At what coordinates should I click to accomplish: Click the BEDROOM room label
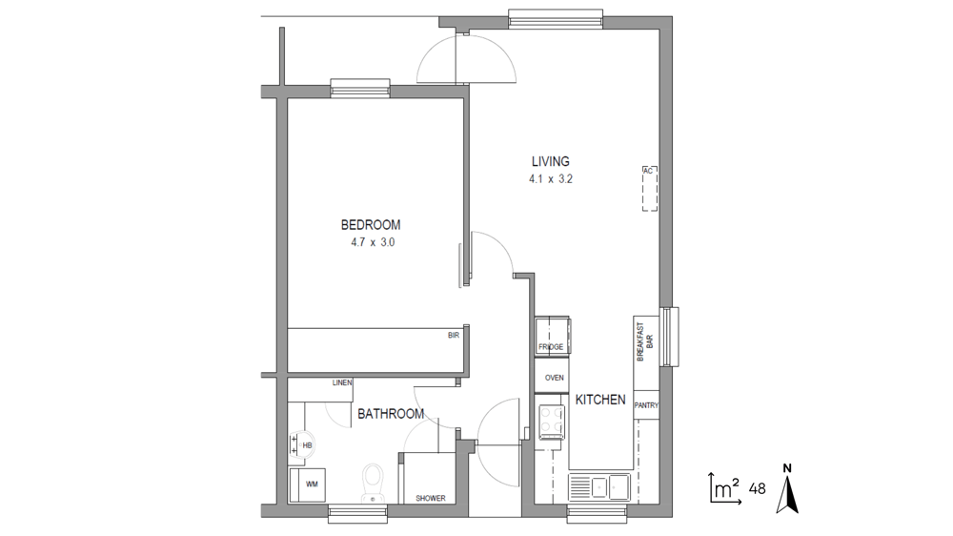(370, 225)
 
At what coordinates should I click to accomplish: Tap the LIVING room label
(551, 162)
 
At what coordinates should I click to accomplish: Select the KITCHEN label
(600, 400)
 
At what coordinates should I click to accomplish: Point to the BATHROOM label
(391, 414)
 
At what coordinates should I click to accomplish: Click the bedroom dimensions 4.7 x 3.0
(373, 242)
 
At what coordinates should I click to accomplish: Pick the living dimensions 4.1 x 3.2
(551, 179)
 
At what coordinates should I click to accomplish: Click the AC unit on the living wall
(650, 189)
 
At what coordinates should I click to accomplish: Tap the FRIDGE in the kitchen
(552, 335)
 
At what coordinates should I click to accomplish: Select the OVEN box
(552, 377)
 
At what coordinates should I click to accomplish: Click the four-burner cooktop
(551, 422)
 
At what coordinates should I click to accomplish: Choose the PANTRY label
(646, 405)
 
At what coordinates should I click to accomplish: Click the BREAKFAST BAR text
(645, 342)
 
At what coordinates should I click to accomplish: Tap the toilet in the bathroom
(373, 483)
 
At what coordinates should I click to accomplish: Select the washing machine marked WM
(307, 484)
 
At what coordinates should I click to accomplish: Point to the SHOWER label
(431, 498)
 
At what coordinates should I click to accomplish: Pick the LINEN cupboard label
(342, 382)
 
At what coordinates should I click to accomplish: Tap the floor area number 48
(758, 488)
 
